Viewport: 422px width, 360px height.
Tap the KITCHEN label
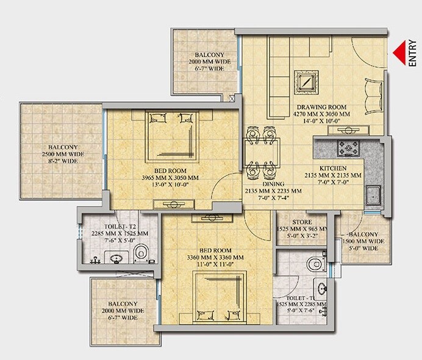(x=334, y=168)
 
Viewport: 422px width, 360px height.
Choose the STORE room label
(x=301, y=222)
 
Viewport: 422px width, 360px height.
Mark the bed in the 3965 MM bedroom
(x=168, y=131)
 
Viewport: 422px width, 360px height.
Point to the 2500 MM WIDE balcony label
(x=60, y=155)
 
